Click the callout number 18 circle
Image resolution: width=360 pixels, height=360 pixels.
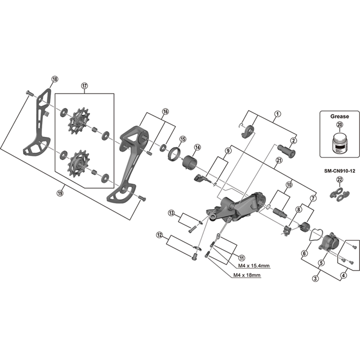click(x=54, y=79)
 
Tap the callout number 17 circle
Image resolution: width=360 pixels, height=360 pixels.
click(x=84, y=85)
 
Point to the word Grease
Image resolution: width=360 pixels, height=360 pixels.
click(x=339, y=116)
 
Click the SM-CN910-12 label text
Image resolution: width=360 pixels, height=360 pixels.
click(x=339, y=171)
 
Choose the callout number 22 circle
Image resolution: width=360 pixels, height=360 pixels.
click(x=339, y=180)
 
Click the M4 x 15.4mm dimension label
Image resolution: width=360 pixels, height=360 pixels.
click(x=249, y=265)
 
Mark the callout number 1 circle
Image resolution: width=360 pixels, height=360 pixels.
click(x=278, y=114)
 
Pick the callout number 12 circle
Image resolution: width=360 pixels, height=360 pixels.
click(x=160, y=234)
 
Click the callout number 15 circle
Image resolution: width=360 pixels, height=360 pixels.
click(x=183, y=139)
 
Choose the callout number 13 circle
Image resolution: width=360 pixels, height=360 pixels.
click(x=171, y=213)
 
